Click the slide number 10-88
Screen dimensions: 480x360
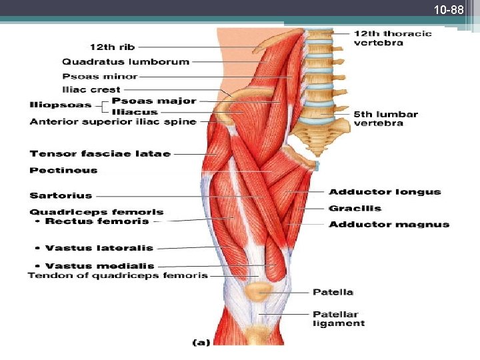click(x=448, y=11)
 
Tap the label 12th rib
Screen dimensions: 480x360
click(x=112, y=47)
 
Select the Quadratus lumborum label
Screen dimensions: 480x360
click(x=126, y=62)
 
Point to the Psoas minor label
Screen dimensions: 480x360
click(x=100, y=76)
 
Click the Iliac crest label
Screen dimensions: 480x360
click(x=91, y=89)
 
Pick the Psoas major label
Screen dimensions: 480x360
click(x=154, y=101)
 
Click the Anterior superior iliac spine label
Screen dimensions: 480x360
click(x=113, y=121)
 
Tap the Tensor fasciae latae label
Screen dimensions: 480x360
click(x=100, y=153)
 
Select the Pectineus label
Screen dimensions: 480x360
click(x=63, y=170)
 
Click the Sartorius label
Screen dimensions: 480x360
click(x=61, y=195)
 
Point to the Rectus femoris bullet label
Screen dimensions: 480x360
click(x=97, y=221)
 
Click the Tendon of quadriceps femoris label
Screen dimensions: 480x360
click(x=118, y=275)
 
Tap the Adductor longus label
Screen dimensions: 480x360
click(x=385, y=192)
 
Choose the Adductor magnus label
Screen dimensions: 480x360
click(x=389, y=224)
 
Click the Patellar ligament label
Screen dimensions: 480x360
click(x=339, y=319)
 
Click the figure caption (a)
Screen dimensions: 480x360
click(x=201, y=343)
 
